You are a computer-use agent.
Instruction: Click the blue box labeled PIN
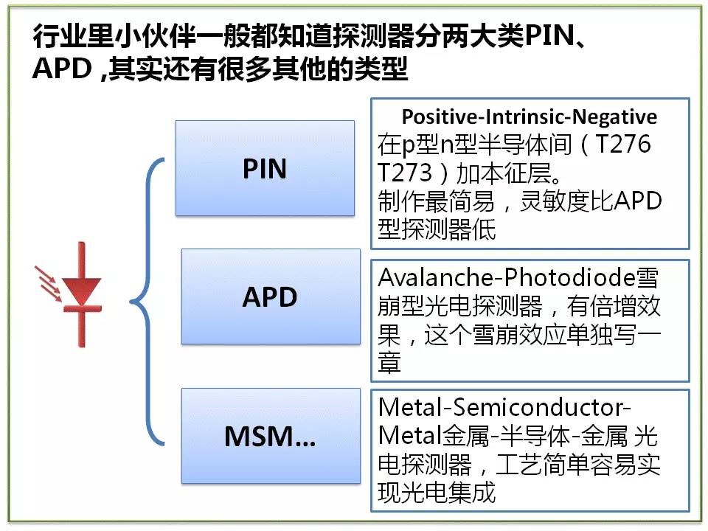265,168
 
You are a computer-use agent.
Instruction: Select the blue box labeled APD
271,296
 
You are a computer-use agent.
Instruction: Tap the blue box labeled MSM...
271,436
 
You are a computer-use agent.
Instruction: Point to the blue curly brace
147,302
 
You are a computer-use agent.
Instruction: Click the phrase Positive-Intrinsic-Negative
530,117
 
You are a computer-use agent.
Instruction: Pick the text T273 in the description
405,173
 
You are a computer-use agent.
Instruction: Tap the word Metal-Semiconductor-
504,407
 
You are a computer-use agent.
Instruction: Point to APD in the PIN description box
637,201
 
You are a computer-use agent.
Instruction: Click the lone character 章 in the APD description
389,363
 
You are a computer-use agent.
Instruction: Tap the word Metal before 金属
410,436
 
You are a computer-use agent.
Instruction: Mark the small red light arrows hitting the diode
49,283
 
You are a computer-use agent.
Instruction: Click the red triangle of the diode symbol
81,291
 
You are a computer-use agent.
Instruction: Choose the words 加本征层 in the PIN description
504,173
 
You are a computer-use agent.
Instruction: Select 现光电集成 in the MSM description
437,492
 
